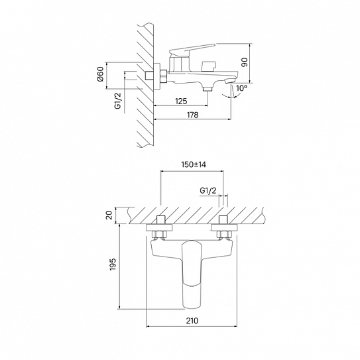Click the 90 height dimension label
(245, 62)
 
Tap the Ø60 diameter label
(101, 74)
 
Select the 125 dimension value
(181, 101)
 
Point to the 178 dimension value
(193, 115)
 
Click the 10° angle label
(242, 88)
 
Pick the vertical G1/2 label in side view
(117, 101)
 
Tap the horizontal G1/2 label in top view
(208, 190)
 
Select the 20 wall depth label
(109, 215)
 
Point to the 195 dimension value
(113, 264)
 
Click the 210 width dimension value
(192, 320)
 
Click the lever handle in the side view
(192, 49)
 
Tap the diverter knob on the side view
(209, 66)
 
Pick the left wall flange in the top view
(159, 228)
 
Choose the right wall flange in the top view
(224, 228)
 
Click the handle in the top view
(192, 274)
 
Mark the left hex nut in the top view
(159, 234)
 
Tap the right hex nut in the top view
(224, 234)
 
